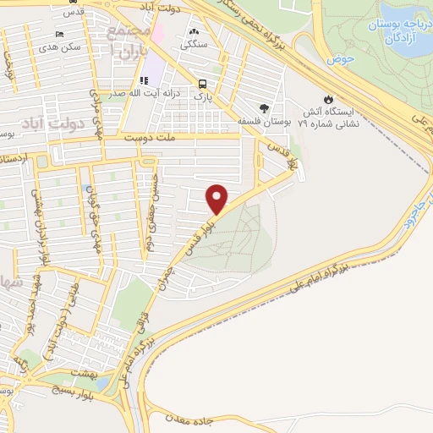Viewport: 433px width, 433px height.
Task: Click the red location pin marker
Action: (x=218, y=199)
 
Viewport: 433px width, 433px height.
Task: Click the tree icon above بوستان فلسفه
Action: (x=265, y=107)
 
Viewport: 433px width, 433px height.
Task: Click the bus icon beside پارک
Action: (x=202, y=84)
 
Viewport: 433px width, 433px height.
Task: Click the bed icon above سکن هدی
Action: (x=58, y=34)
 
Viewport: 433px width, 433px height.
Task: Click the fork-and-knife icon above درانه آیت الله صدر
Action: (x=143, y=80)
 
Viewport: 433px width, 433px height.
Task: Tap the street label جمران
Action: (x=167, y=268)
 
